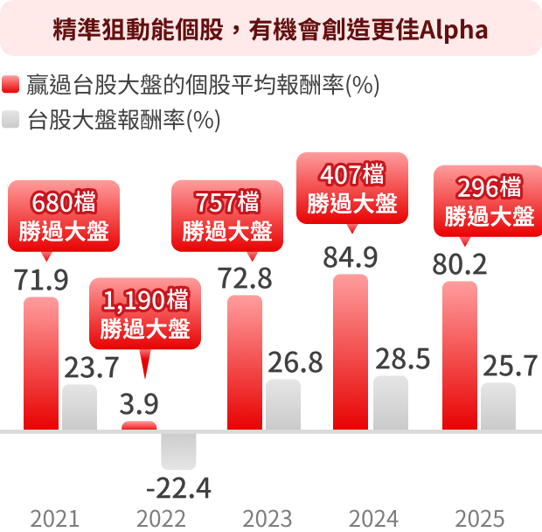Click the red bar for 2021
coord(41,363)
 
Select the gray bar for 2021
coord(80,407)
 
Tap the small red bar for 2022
coord(139,426)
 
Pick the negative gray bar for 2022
coord(178,451)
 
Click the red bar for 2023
coord(244,362)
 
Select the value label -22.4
coord(178,488)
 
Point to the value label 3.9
coord(139,404)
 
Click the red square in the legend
coord(11,86)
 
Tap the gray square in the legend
coord(11,119)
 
